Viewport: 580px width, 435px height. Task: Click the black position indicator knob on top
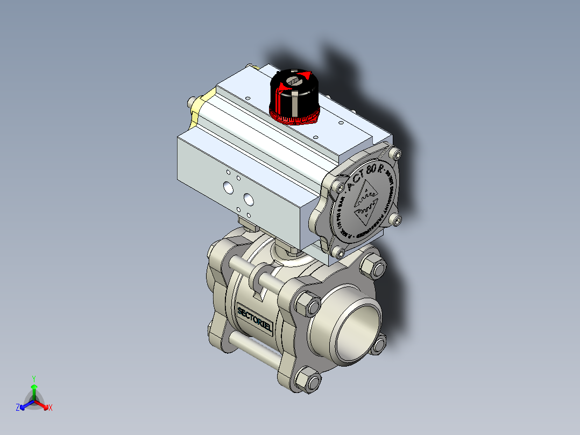point(295,94)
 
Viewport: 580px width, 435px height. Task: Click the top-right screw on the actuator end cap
point(397,155)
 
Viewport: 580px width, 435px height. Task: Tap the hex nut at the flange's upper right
point(373,268)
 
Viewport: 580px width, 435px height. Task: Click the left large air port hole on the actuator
point(228,188)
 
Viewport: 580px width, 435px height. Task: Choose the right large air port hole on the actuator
point(248,199)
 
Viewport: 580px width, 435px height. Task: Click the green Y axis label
point(33,378)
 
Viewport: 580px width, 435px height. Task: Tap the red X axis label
point(51,408)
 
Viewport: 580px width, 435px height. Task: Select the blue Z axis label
point(18,408)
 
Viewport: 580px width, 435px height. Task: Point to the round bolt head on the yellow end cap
point(190,102)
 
